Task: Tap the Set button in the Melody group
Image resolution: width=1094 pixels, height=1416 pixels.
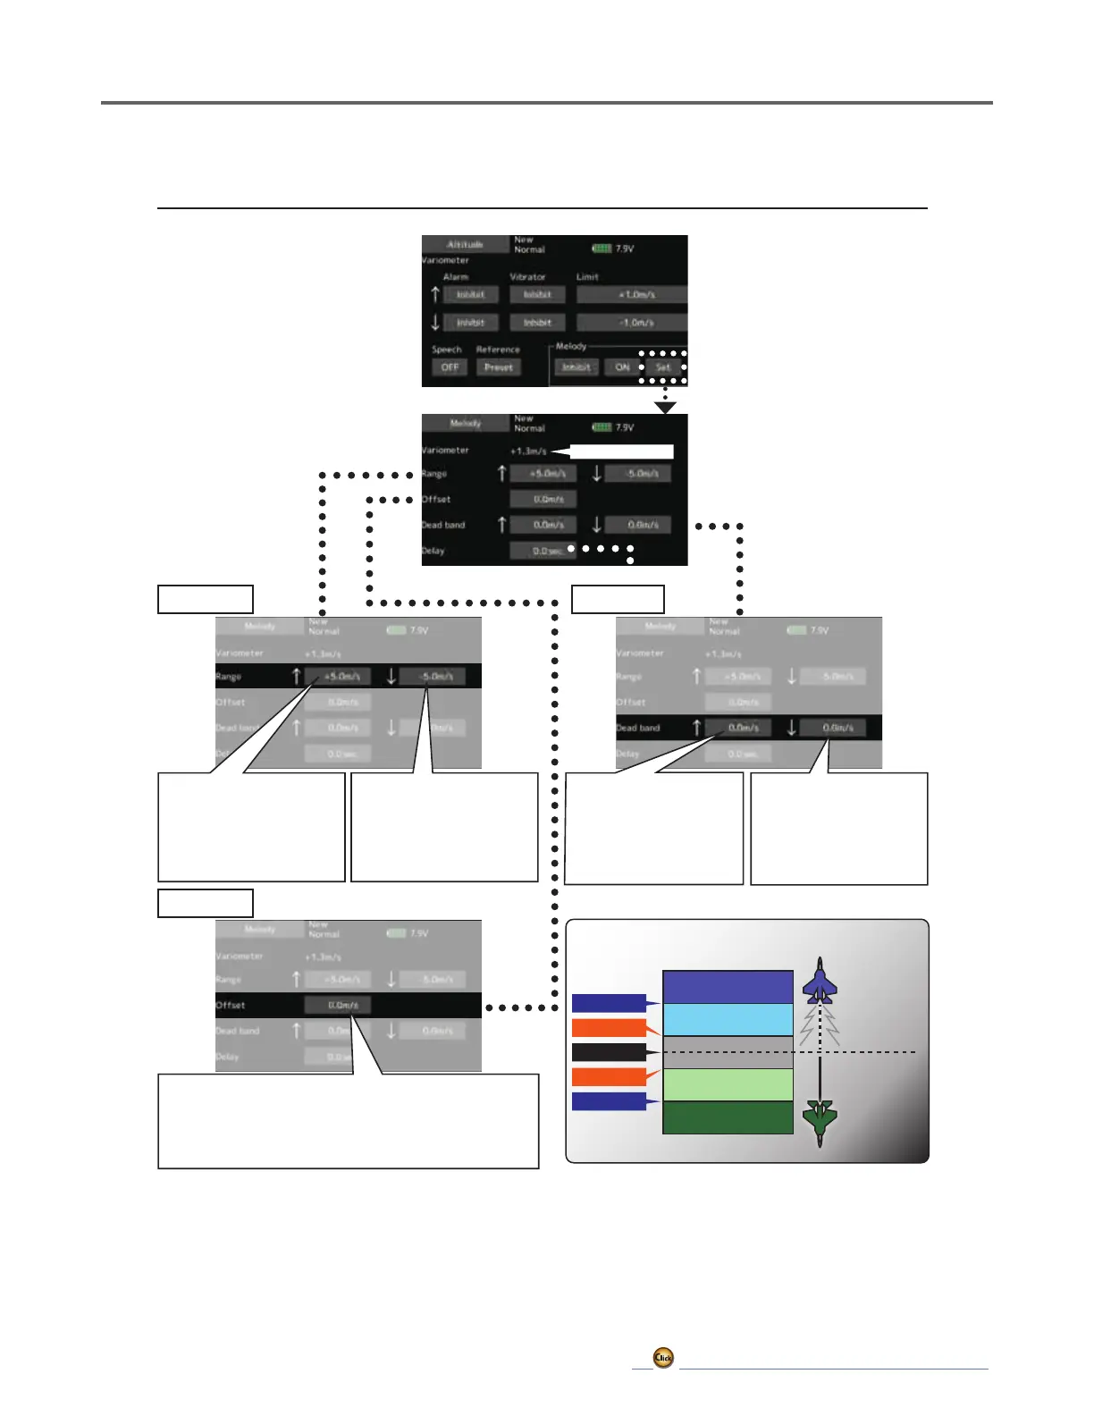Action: click(x=663, y=367)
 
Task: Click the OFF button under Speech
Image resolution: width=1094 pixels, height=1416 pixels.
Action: click(x=450, y=367)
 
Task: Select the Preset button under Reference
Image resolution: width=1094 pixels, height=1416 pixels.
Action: click(x=499, y=367)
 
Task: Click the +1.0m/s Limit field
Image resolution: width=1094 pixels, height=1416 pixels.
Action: click(x=632, y=294)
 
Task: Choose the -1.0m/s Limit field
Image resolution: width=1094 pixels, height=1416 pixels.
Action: click(x=632, y=322)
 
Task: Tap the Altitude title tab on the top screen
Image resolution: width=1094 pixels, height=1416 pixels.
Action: click(x=465, y=244)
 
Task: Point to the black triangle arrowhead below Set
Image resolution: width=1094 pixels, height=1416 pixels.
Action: click(x=666, y=408)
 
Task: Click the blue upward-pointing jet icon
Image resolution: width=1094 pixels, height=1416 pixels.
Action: click(x=819, y=982)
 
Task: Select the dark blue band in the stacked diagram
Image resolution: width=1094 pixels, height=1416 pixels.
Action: click(x=728, y=987)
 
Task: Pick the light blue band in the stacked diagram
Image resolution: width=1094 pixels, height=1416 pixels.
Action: click(x=728, y=1020)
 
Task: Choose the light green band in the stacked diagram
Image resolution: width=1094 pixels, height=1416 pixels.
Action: click(x=728, y=1084)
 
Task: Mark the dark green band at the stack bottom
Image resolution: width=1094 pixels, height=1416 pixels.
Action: click(x=728, y=1117)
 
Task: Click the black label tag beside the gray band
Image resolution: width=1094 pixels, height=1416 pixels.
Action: click(x=609, y=1052)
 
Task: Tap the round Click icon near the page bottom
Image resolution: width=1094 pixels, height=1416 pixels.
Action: click(x=663, y=1358)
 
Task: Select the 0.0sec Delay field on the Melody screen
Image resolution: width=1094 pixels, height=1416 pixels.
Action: click(x=543, y=551)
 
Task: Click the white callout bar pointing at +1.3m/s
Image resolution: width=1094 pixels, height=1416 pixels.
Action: click(x=620, y=451)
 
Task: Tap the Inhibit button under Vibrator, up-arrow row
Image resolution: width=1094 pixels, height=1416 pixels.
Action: click(x=537, y=294)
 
